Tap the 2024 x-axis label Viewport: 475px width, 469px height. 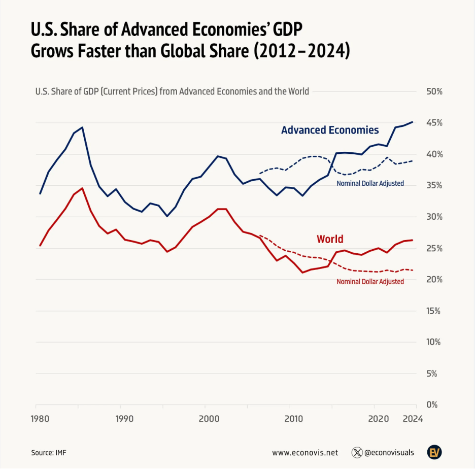pyautogui.click(x=413, y=419)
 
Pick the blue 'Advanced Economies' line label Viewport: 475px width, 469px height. pyautogui.click(x=330, y=130)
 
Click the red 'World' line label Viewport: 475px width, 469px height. pyautogui.click(x=330, y=239)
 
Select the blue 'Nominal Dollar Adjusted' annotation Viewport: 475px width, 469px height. pyautogui.click(x=370, y=183)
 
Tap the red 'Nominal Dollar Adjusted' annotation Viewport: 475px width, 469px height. pyautogui.click(x=370, y=281)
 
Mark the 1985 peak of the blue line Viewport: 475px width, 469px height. pyautogui.click(x=82, y=127)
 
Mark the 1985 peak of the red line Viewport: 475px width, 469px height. pyautogui.click(x=82, y=188)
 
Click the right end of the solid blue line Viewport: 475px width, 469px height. pyautogui.click(x=413, y=122)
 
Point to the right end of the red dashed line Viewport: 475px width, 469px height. pyautogui.click(x=413, y=270)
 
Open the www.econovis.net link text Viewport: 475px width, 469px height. pyautogui.click(x=304, y=452)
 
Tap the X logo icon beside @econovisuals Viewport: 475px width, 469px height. pyautogui.click(x=357, y=452)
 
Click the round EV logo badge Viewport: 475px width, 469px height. pyautogui.click(x=434, y=452)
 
